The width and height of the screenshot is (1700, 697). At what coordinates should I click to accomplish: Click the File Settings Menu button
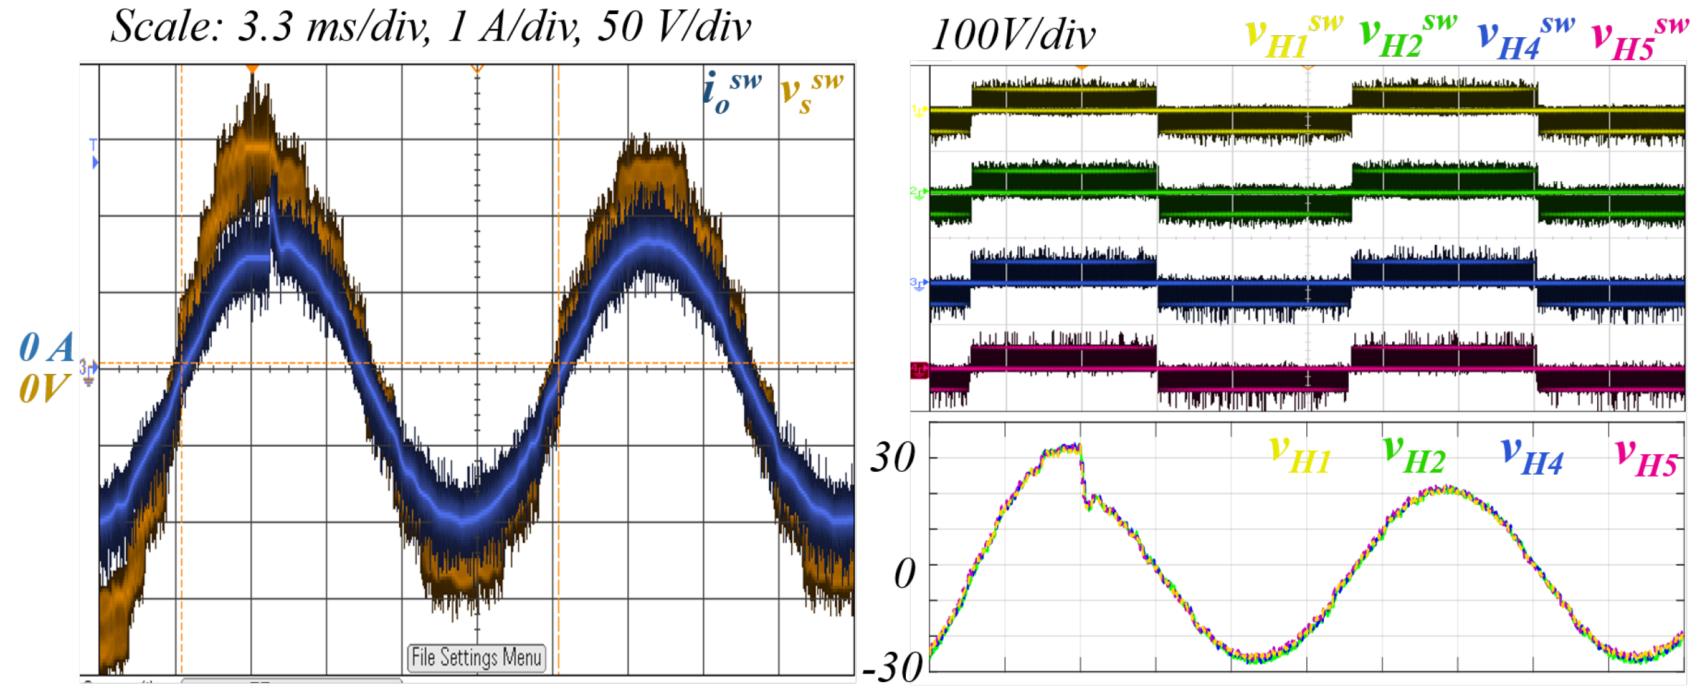pos(476,657)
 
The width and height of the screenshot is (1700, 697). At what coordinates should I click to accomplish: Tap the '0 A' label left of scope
pos(46,348)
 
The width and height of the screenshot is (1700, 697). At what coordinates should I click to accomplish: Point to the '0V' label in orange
pos(43,389)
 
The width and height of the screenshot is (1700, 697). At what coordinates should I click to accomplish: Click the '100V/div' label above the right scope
pos(1013,35)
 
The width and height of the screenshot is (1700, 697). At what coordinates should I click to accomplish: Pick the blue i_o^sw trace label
pos(731,92)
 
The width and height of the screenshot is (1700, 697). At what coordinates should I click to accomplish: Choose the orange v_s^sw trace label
pos(811,92)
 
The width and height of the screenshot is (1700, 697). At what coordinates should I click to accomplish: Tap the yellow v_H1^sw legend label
pos(1293,37)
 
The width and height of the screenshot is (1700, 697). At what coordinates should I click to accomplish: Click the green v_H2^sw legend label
pos(1407,37)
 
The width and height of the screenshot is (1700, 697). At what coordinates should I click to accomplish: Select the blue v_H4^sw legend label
pos(1525,38)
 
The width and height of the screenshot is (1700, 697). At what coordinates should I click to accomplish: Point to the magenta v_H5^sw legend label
pos(1639,38)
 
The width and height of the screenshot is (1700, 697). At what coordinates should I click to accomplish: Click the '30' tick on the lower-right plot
pos(892,458)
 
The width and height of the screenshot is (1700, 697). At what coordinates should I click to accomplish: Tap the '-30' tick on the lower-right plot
pos(892,667)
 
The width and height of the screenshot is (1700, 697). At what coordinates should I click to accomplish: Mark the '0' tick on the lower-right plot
pos(904,574)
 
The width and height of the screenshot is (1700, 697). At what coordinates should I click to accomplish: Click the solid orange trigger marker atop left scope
pos(252,68)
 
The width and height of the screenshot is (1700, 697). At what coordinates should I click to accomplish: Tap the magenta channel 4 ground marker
pos(919,370)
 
